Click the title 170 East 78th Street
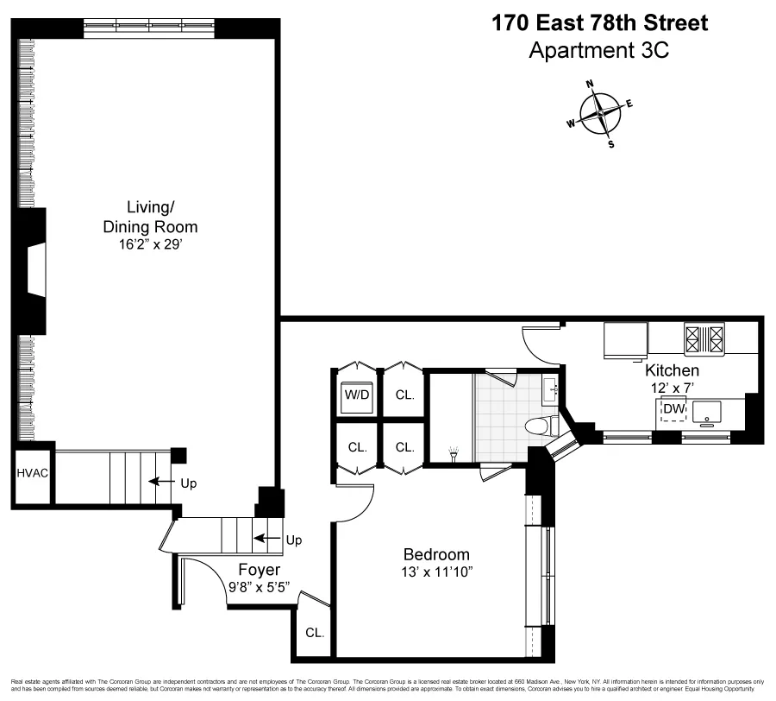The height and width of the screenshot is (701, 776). [599, 23]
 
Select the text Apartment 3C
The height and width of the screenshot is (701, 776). [598, 50]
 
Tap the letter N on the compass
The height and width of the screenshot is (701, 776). [591, 85]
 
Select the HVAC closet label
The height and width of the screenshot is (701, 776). [31, 474]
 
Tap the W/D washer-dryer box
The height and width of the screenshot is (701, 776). [357, 395]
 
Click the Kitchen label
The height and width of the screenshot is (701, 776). [673, 370]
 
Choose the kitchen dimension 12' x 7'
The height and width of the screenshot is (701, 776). [673, 388]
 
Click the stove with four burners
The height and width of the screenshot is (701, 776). [704, 338]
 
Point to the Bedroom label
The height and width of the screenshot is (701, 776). [437, 554]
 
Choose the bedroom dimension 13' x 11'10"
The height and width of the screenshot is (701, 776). [437, 572]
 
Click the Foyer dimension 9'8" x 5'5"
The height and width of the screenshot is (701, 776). [260, 587]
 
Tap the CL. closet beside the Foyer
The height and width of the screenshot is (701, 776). [314, 633]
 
